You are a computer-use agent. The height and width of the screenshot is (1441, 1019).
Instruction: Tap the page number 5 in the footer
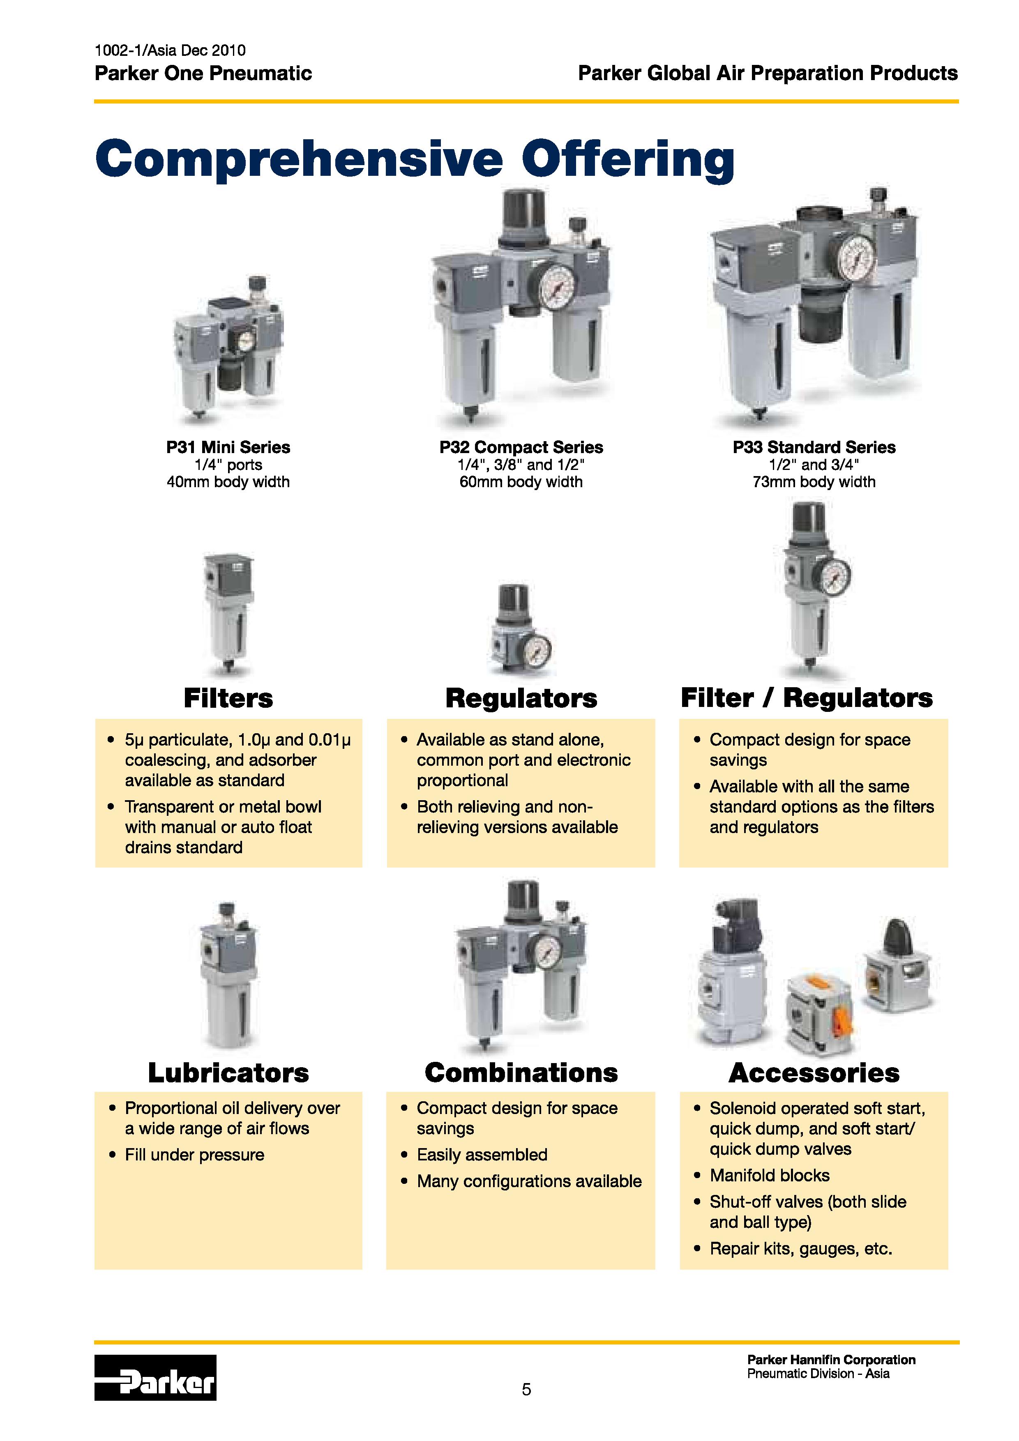click(526, 1390)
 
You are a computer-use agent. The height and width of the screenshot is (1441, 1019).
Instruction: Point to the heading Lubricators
click(228, 1073)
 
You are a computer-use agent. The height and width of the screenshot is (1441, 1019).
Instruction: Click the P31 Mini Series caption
click(228, 447)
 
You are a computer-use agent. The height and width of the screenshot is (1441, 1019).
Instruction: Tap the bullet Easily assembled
click(482, 1155)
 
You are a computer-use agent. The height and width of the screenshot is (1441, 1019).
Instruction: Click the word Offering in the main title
click(627, 159)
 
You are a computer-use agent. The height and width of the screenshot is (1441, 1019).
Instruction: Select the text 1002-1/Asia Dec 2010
click(170, 50)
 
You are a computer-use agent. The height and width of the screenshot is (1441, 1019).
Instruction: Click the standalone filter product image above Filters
click(228, 612)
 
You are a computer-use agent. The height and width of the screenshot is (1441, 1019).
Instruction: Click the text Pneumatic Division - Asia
click(818, 1374)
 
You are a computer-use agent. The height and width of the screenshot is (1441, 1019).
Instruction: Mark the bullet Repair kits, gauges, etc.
click(800, 1249)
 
